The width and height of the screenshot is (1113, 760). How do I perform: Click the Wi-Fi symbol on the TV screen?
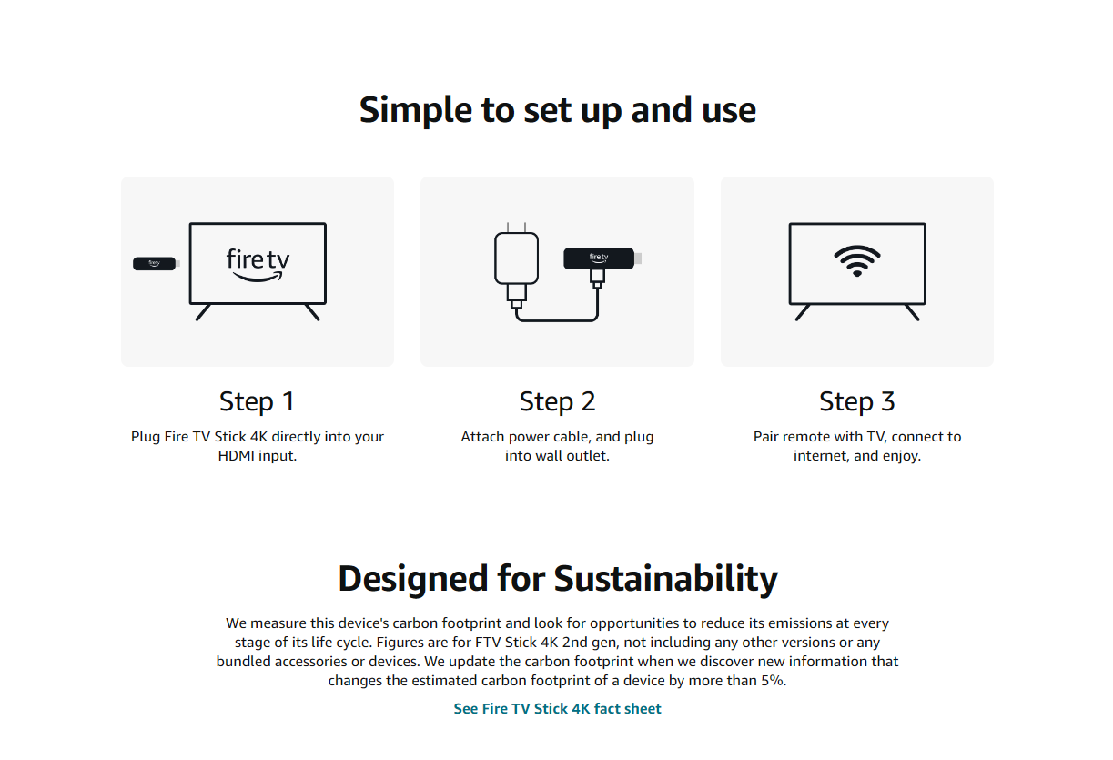pos(856,261)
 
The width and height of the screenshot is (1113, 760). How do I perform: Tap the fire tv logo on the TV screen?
pos(258,265)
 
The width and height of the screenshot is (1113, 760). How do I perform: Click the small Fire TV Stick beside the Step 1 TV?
pos(156,263)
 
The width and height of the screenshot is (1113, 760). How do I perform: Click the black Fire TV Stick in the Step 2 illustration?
pos(602,258)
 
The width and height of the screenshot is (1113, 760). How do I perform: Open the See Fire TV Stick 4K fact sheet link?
pos(557,708)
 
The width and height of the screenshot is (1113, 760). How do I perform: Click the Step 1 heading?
pos(258,401)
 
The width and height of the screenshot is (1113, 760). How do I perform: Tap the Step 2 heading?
pos(557,401)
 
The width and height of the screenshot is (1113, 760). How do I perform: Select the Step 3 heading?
pos(857,401)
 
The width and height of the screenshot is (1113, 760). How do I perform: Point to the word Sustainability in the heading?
pos(666,579)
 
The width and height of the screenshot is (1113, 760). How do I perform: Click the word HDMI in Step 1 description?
pos(236,455)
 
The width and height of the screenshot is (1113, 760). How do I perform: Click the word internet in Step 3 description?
pos(822,455)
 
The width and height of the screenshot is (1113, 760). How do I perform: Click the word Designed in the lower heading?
pos(413,579)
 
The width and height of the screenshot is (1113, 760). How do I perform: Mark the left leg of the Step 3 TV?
pos(803,313)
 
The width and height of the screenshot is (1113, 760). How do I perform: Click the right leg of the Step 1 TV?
pos(312,313)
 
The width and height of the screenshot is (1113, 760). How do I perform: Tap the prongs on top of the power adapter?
pos(516,228)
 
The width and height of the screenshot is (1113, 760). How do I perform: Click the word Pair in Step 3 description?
pos(765,436)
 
